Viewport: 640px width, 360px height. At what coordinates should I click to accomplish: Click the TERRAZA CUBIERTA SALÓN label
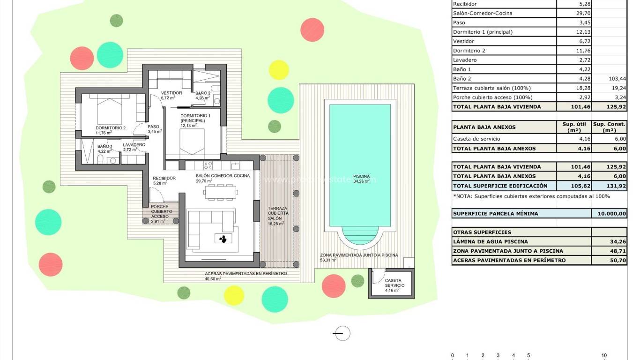[x=278, y=216]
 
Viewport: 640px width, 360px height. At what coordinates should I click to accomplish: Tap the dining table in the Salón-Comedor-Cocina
[x=220, y=192]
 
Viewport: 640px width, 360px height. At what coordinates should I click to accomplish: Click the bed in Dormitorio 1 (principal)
[x=192, y=143]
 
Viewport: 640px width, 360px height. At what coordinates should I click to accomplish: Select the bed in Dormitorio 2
[x=110, y=111]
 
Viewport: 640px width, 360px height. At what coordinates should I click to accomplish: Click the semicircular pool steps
[x=360, y=235]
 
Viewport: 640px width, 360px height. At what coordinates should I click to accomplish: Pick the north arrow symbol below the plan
[x=342, y=333]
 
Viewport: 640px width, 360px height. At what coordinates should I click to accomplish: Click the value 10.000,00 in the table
[x=609, y=214]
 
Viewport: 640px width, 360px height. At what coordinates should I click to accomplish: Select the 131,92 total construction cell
[x=609, y=186]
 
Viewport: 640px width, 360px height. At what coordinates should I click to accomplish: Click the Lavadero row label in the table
[x=465, y=60]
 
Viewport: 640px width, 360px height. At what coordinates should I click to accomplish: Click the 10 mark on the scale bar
[x=604, y=355]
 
